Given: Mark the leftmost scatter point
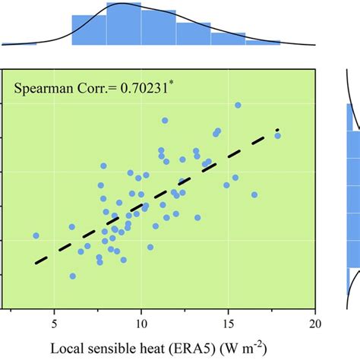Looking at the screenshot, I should point(36,236).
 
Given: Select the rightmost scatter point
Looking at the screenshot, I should point(277,136).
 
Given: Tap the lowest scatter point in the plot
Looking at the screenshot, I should point(73,276).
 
